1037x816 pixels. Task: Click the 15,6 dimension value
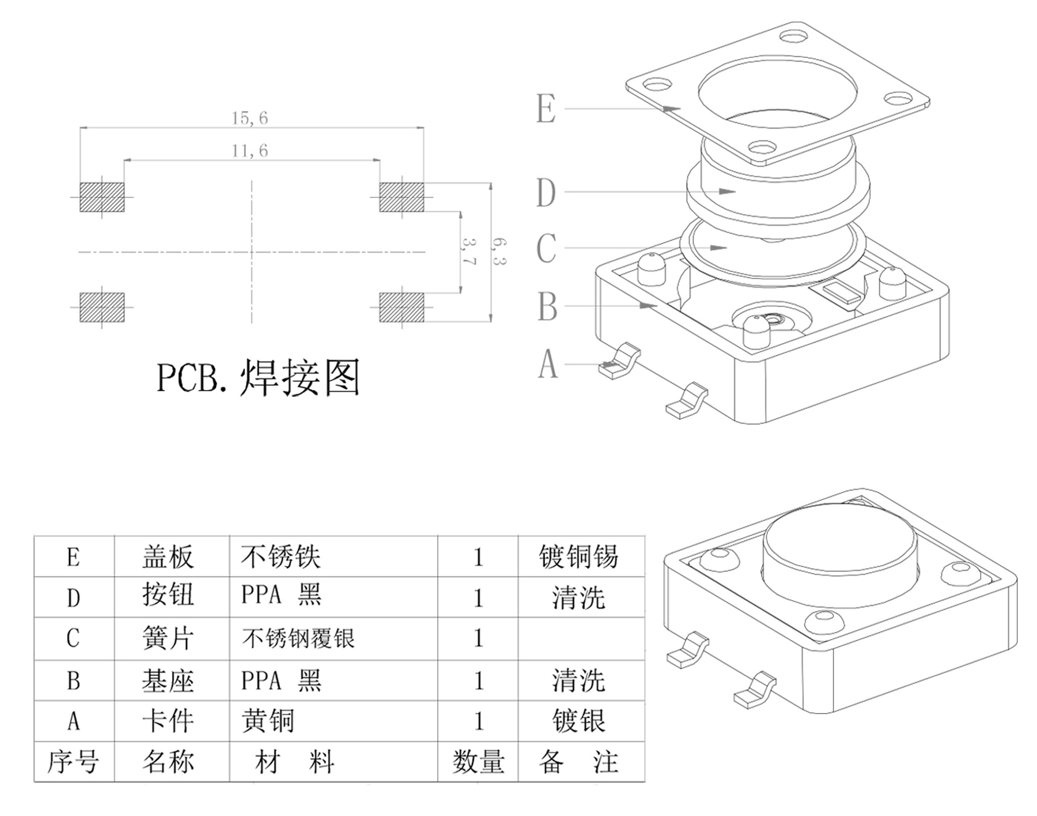(x=249, y=118)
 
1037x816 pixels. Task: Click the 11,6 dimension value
(x=249, y=151)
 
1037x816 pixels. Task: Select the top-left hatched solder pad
(x=102, y=197)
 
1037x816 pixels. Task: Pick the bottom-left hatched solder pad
(x=102, y=308)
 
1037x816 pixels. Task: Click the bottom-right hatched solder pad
(x=401, y=308)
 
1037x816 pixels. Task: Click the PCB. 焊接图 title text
(x=258, y=378)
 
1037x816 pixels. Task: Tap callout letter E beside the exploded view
(x=546, y=109)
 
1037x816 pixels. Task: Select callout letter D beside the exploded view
(x=546, y=193)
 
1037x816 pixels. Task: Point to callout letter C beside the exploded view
(x=546, y=248)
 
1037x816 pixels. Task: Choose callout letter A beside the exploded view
(x=548, y=365)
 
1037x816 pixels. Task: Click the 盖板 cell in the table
(x=168, y=557)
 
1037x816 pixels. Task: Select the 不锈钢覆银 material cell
(x=298, y=639)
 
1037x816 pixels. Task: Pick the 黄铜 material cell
(x=268, y=721)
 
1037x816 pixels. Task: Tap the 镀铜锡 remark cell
(x=578, y=557)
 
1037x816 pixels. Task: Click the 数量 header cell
(x=478, y=762)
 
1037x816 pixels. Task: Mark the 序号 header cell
(x=73, y=762)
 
